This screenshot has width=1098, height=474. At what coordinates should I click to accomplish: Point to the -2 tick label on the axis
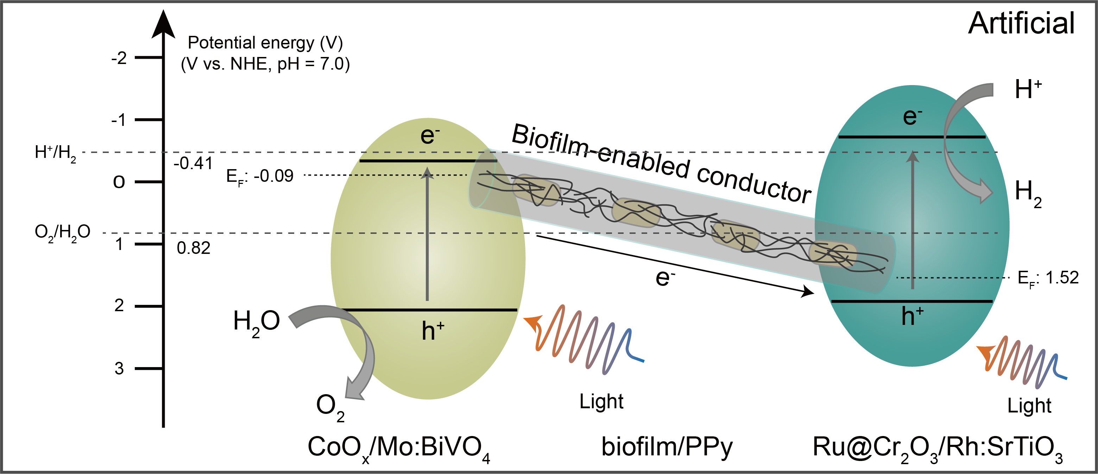tap(119, 58)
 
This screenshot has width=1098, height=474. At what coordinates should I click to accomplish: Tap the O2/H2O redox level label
tap(62, 233)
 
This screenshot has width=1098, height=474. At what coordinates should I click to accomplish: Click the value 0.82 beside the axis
tap(194, 248)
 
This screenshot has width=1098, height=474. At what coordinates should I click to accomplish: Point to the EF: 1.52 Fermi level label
tap(1048, 278)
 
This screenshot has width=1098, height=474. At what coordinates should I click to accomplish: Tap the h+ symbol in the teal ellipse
tap(912, 316)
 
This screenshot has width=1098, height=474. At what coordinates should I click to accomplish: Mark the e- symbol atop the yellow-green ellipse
tap(430, 135)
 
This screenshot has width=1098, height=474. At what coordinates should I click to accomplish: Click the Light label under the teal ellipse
tap(1029, 406)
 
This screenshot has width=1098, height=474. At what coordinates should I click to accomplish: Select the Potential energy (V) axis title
tap(265, 43)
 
